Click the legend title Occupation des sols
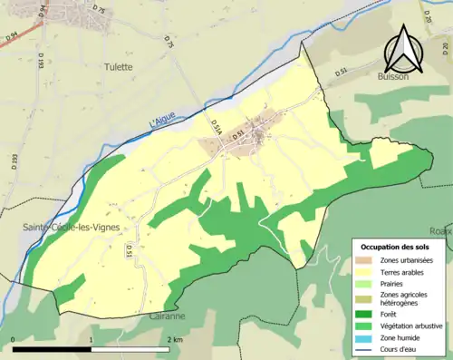click(396, 247)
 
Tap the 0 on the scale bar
click(14, 339)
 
